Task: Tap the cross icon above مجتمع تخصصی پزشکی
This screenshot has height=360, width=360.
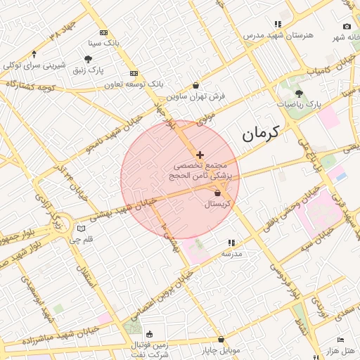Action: pyautogui.click(x=200, y=154)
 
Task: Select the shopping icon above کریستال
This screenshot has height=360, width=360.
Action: pyautogui.click(x=217, y=193)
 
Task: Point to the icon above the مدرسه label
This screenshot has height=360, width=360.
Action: pyautogui.click(x=233, y=243)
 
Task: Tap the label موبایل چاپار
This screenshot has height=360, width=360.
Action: pyautogui.click(x=221, y=349)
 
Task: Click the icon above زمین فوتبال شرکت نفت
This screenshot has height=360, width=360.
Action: pyautogui.click(x=149, y=333)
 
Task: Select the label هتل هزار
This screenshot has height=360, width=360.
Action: pyautogui.click(x=340, y=350)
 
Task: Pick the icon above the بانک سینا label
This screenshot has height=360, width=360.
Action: pyautogui.click(x=104, y=33)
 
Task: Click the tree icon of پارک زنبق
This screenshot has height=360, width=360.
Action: pyautogui.click(x=88, y=60)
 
